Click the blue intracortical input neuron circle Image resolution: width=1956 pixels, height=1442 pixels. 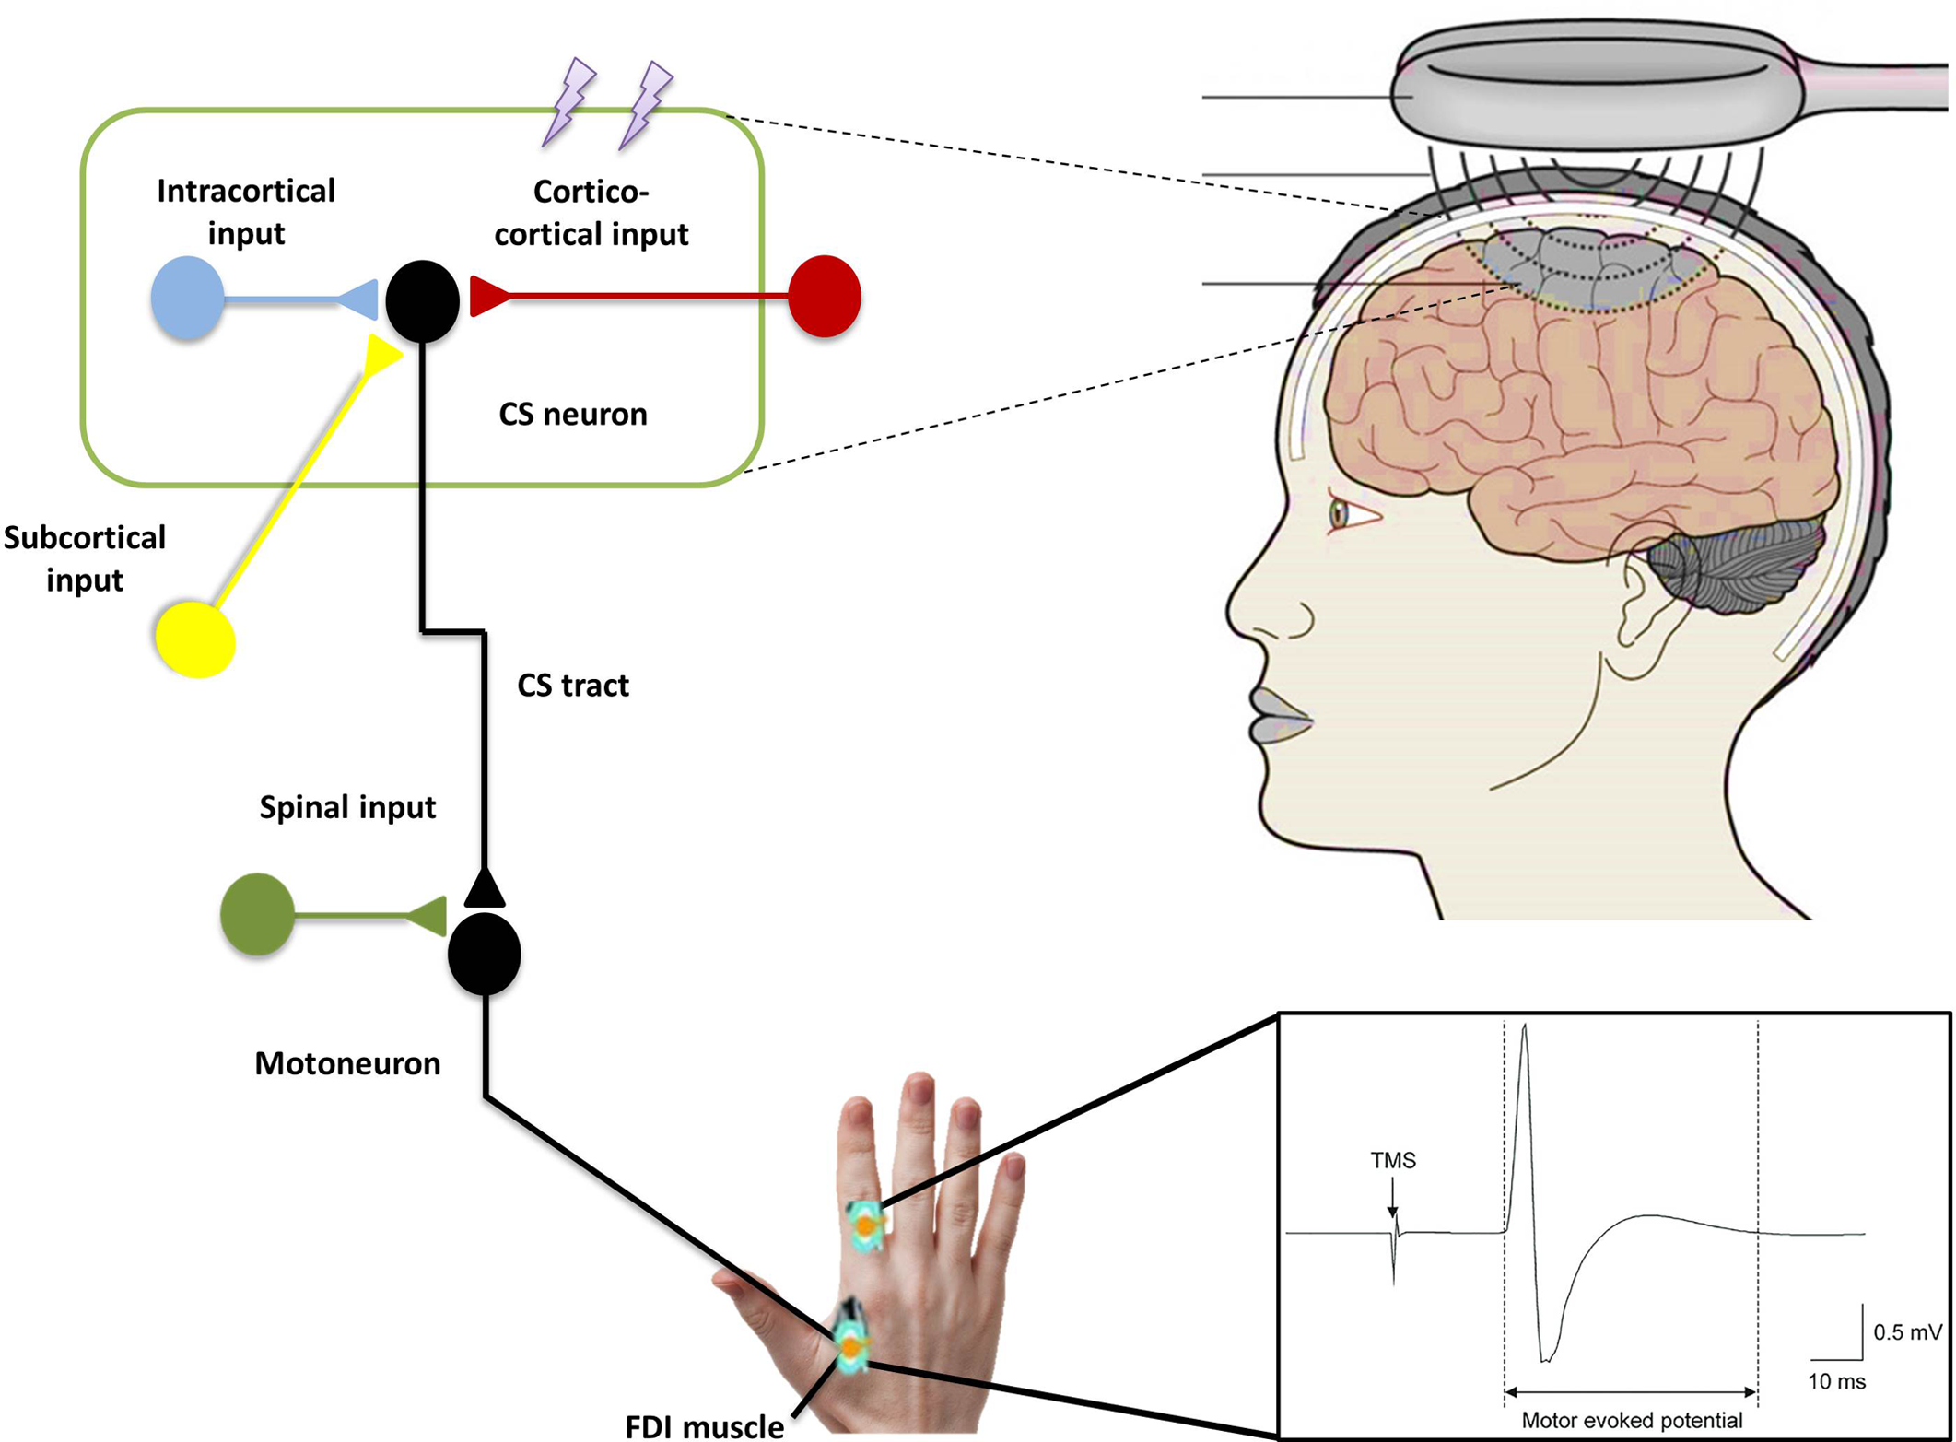pos(187,298)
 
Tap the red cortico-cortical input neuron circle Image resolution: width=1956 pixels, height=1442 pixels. pos(825,296)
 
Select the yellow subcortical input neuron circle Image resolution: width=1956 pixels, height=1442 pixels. pos(195,639)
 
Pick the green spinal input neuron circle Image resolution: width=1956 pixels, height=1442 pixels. pos(257,914)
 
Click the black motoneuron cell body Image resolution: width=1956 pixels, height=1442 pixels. pos(485,954)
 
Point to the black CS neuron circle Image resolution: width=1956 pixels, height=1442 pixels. pos(422,300)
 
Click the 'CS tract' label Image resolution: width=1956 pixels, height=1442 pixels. pos(572,686)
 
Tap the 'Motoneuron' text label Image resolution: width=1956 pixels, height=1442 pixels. pos(347,1063)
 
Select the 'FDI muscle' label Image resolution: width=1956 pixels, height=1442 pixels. pos(705,1426)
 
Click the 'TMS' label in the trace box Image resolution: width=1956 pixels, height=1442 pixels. pos(1392,1160)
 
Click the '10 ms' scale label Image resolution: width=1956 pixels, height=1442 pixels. pos(1836,1381)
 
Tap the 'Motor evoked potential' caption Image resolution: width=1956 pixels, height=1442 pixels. pos(1632,1420)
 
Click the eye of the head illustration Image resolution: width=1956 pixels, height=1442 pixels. pos(1339,513)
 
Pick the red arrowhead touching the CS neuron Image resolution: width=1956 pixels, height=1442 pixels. pos(488,296)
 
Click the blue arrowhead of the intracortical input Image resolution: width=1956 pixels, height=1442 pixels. pos(360,299)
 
